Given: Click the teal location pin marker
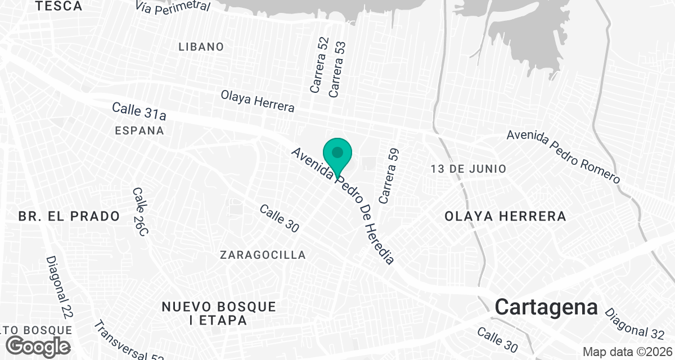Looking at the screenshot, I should [x=337, y=154].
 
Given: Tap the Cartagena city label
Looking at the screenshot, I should [x=546, y=307].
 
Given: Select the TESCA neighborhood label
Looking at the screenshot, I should [x=58, y=7].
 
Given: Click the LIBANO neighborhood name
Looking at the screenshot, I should [x=201, y=47].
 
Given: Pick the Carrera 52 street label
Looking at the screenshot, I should [x=319, y=65].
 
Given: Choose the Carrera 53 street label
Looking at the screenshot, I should [x=337, y=69].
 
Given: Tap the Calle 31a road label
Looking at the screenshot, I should [x=139, y=111].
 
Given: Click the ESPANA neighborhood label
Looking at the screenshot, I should [x=139, y=130].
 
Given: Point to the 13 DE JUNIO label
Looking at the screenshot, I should [x=469, y=169].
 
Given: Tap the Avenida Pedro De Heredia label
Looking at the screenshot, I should [x=342, y=206].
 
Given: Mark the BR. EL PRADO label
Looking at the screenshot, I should [x=69, y=216].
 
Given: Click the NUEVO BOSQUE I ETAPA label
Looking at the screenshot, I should [x=219, y=314].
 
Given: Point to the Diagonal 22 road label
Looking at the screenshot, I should [x=60, y=288].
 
